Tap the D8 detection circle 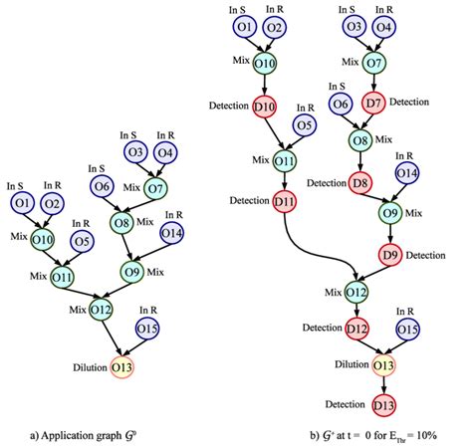[360, 183]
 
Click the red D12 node [356, 330]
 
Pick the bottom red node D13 [382, 405]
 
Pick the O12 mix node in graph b [356, 292]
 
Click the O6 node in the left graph [103, 186]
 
